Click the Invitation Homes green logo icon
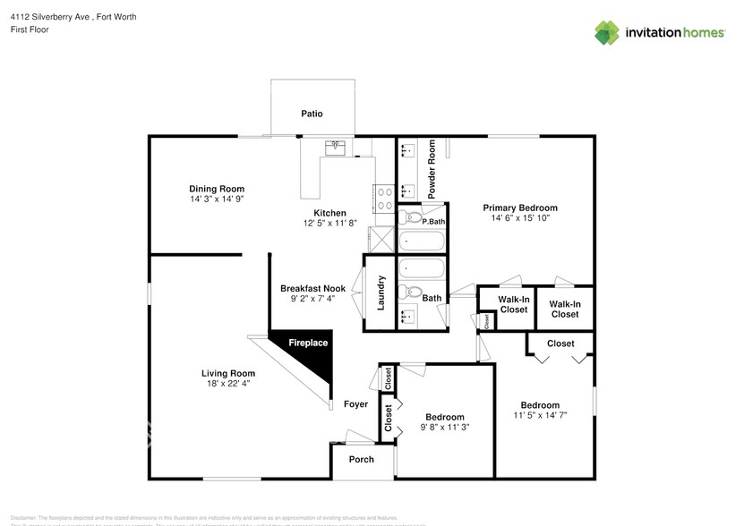[607, 32]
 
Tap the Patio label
[312, 114]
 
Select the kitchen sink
[338, 147]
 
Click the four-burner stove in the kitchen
[385, 198]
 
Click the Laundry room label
[381, 293]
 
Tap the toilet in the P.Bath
[413, 216]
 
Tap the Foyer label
[356, 404]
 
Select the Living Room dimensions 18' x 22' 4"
[228, 384]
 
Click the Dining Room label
[217, 188]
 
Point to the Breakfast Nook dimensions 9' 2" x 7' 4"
[312, 299]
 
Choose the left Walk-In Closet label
[513, 304]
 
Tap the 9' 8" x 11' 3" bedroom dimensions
[444, 428]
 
